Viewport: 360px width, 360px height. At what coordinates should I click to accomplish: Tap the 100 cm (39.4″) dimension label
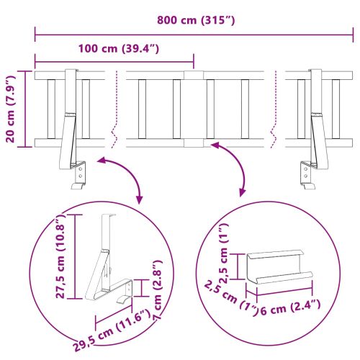point(116,49)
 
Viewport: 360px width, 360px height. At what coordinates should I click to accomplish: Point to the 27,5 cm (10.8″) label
point(64,256)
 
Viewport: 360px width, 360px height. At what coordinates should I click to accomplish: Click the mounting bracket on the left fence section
point(72,126)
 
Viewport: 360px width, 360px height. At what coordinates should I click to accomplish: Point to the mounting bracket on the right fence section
point(312,126)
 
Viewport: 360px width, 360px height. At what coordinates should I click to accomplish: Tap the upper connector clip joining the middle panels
point(191,75)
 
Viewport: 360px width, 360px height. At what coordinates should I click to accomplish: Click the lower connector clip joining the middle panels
point(191,143)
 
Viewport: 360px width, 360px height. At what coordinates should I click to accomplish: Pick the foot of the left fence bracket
point(77,185)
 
